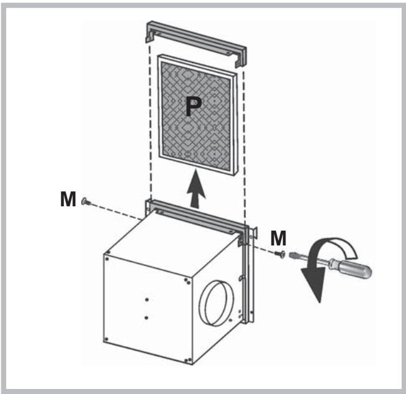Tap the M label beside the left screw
(x=69, y=200)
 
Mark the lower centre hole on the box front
(x=146, y=318)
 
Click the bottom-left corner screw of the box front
(x=107, y=339)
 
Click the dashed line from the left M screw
(x=118, y=208)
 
